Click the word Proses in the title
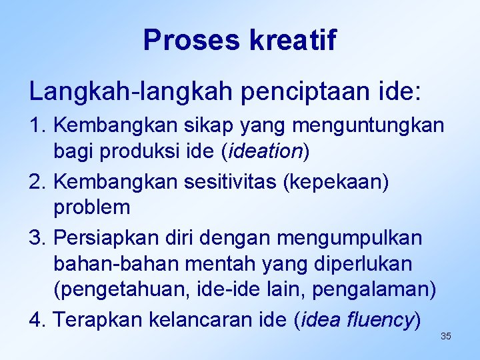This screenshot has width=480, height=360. tap(192, 40)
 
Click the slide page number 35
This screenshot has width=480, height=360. tap(446, 336)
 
